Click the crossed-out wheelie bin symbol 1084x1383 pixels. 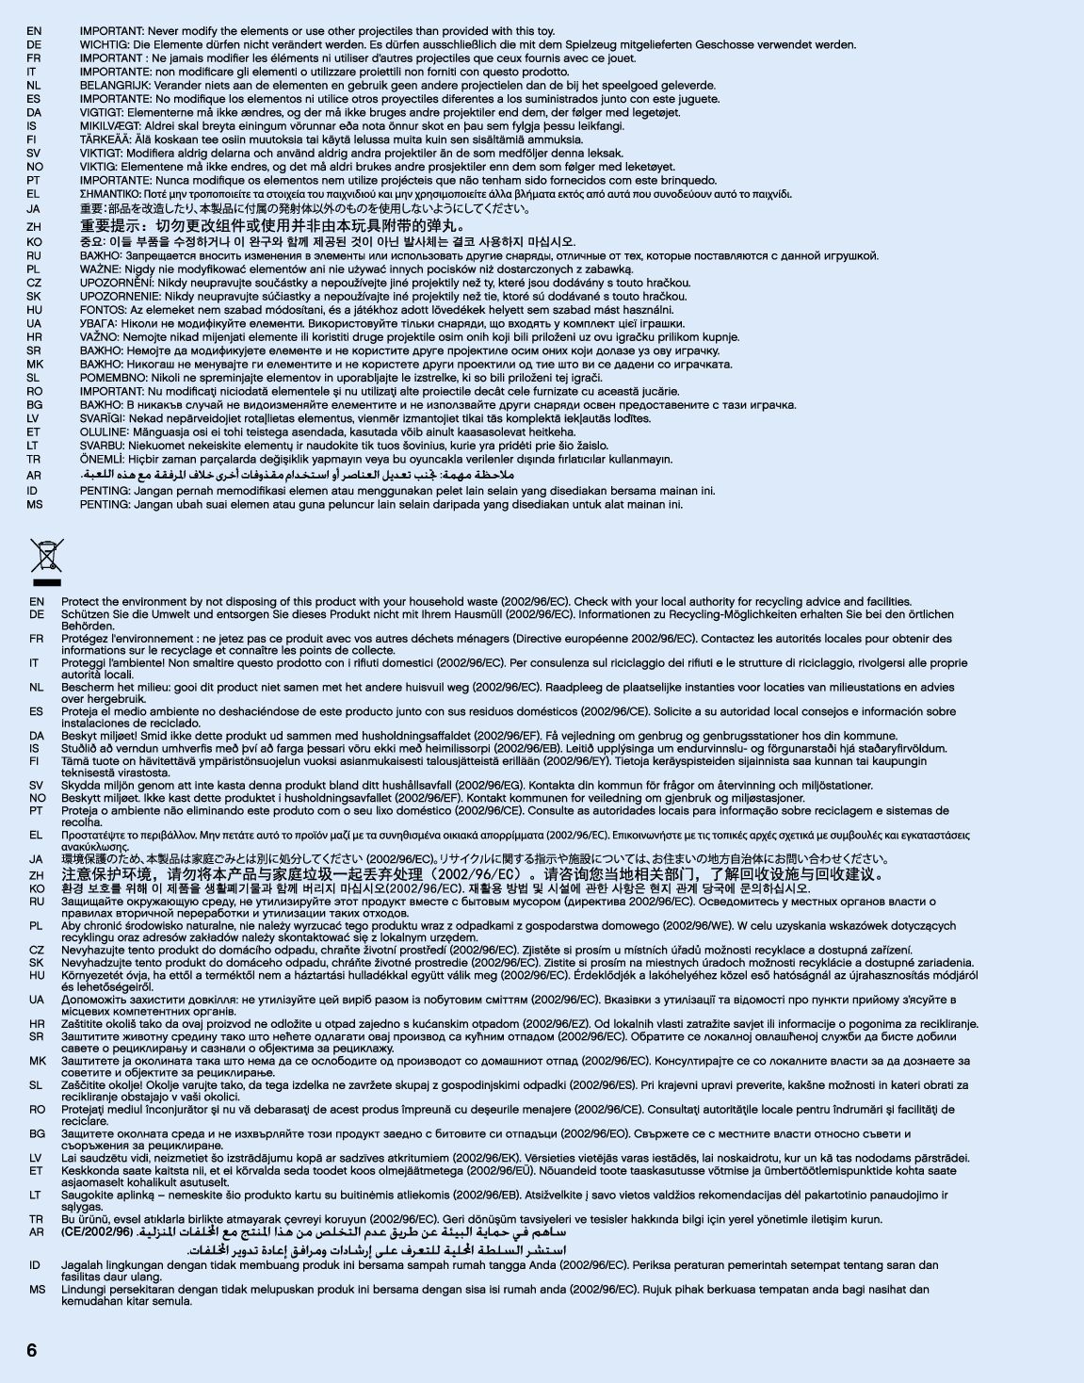click(46, 556)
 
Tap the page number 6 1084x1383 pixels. click(32, 1350)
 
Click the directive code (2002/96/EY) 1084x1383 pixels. click(577, 760)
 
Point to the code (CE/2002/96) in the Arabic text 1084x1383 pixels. click(97, 1231)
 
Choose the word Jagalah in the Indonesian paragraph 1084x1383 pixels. click(82, 1265)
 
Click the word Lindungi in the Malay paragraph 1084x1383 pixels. click(84, 1289)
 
